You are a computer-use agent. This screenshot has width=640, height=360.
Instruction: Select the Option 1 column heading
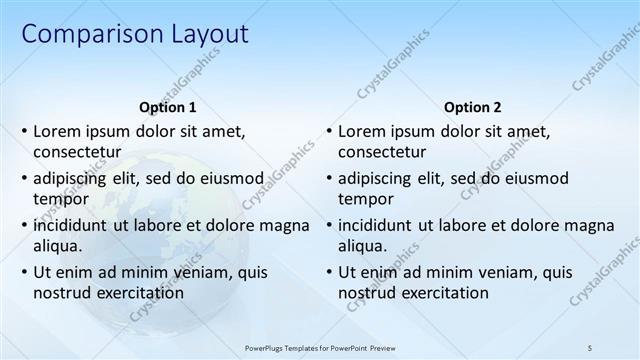(166, 107)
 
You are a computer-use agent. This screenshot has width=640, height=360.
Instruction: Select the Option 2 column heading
(472, 107)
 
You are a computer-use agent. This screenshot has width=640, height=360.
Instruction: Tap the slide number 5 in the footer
(590, 347)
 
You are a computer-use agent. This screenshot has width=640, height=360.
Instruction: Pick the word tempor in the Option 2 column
(366, 199)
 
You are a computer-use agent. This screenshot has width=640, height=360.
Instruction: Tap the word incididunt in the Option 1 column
(76, 225)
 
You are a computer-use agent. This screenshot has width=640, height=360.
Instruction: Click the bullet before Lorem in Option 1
(24, 131)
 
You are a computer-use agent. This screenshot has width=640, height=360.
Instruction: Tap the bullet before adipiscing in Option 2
(329, 179)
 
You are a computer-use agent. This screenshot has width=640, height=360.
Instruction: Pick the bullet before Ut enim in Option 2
(329, 272)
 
